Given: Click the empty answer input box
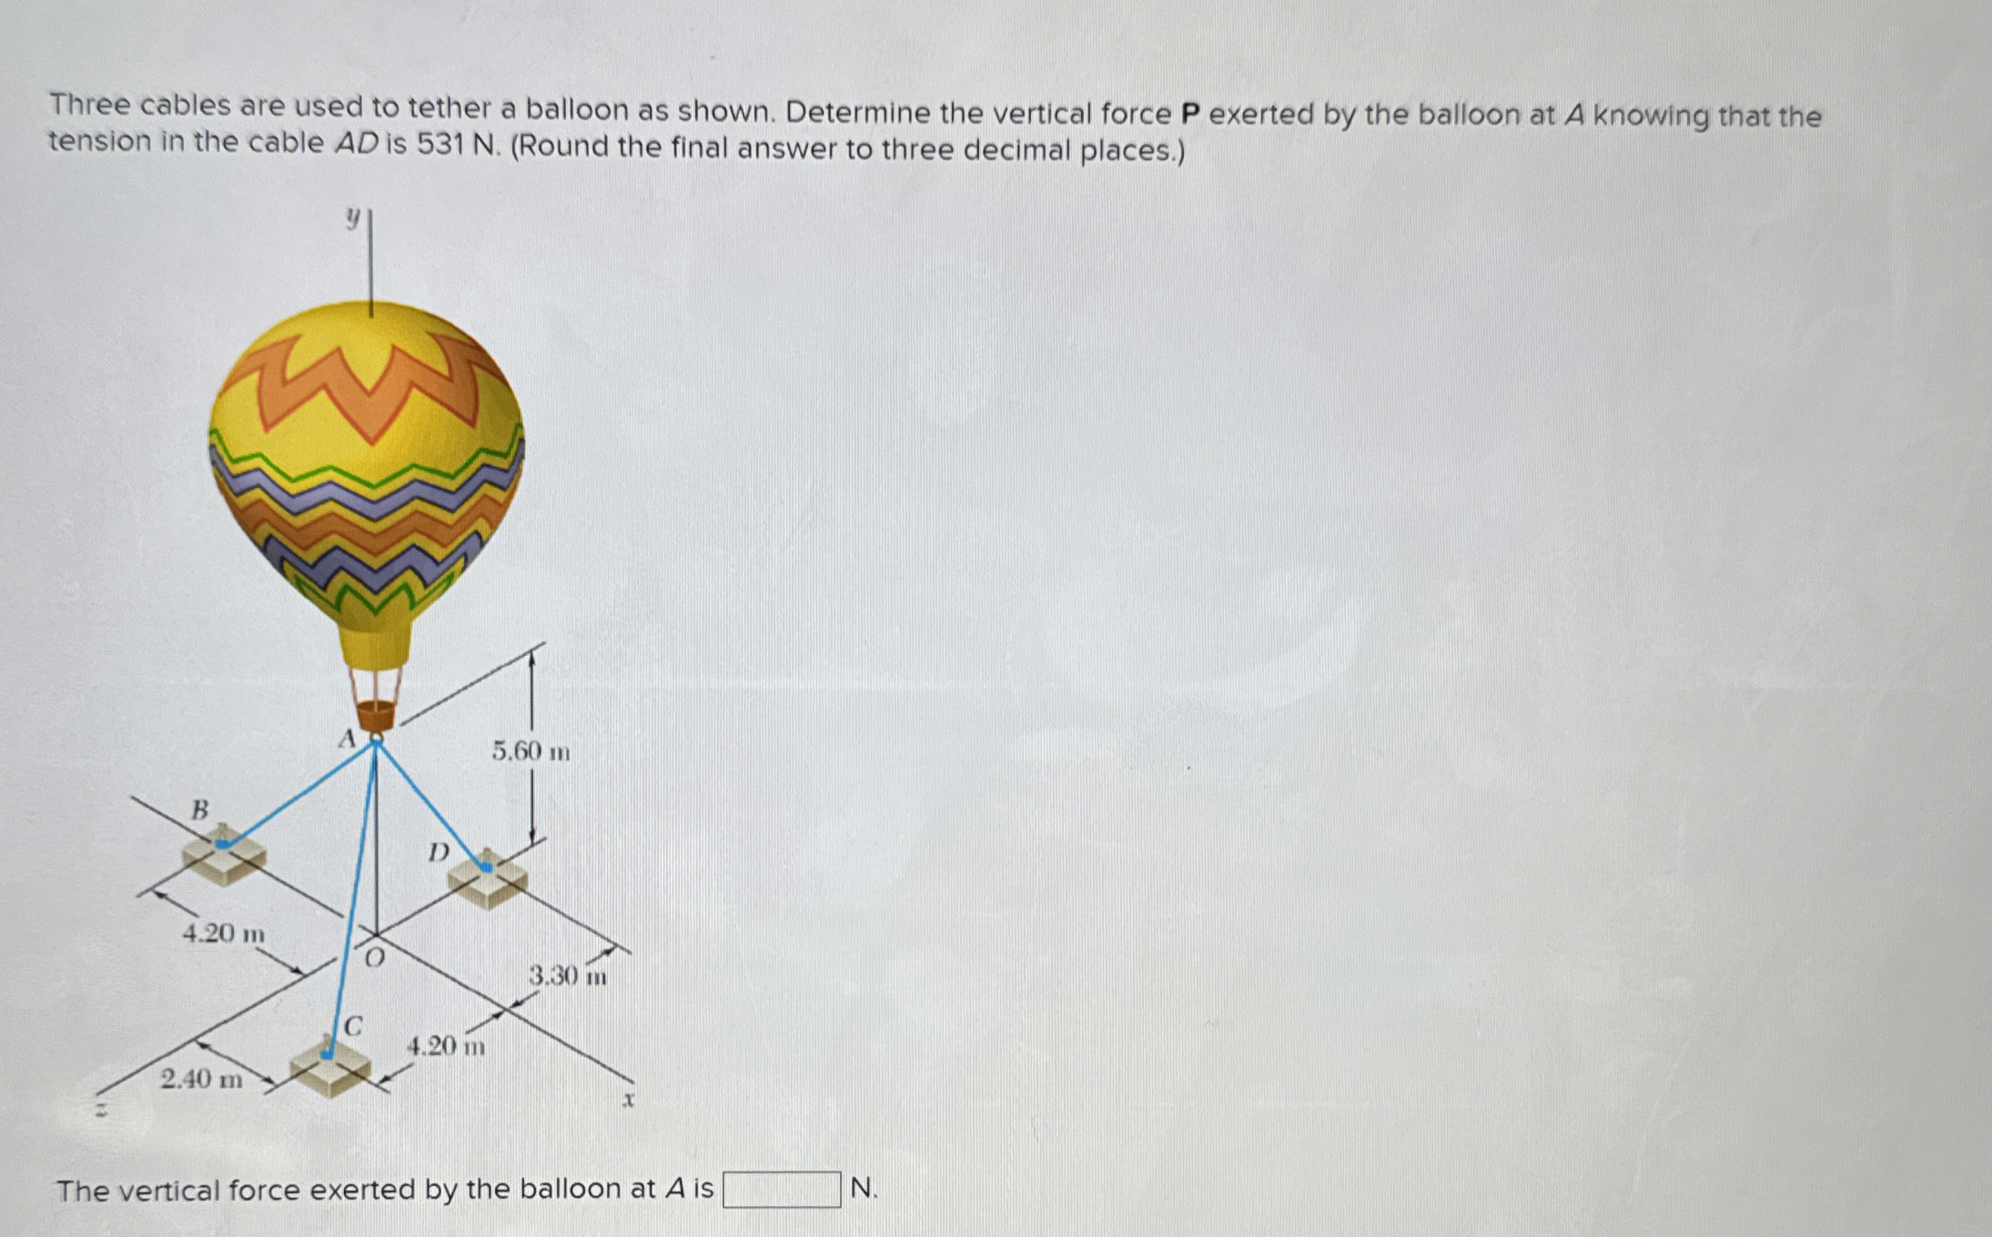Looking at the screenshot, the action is (781, 1189).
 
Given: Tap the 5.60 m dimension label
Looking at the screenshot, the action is (531, 751).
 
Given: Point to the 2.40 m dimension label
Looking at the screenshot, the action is (201, 1080).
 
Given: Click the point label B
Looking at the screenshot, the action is (199, 809).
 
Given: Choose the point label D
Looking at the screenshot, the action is (439, 852).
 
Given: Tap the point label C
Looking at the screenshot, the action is (353, 1027).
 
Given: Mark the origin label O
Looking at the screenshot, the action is (374, 957).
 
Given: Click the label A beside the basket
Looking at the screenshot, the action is (346, 739).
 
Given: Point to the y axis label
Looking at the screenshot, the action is (352, 217).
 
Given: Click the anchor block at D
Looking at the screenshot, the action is (488, 879).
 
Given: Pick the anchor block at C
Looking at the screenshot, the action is (329, 1066).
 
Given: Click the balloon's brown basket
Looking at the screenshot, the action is (376, 715).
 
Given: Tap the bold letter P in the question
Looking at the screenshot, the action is (1189, 114).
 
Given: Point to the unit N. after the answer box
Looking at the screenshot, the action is (864, 1188).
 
